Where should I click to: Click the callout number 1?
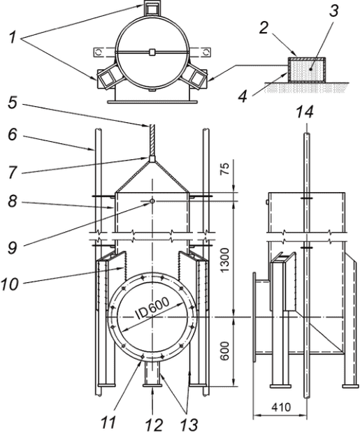pos(13,38)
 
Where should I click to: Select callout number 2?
pos(264,28)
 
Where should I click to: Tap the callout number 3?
pos(333,10)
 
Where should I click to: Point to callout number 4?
pos(243,96)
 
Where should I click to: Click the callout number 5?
pos(13,102)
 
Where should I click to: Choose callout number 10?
pos(10,284)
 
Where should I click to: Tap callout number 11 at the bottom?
pos(108,421)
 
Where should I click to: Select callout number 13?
pos(189,424)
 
